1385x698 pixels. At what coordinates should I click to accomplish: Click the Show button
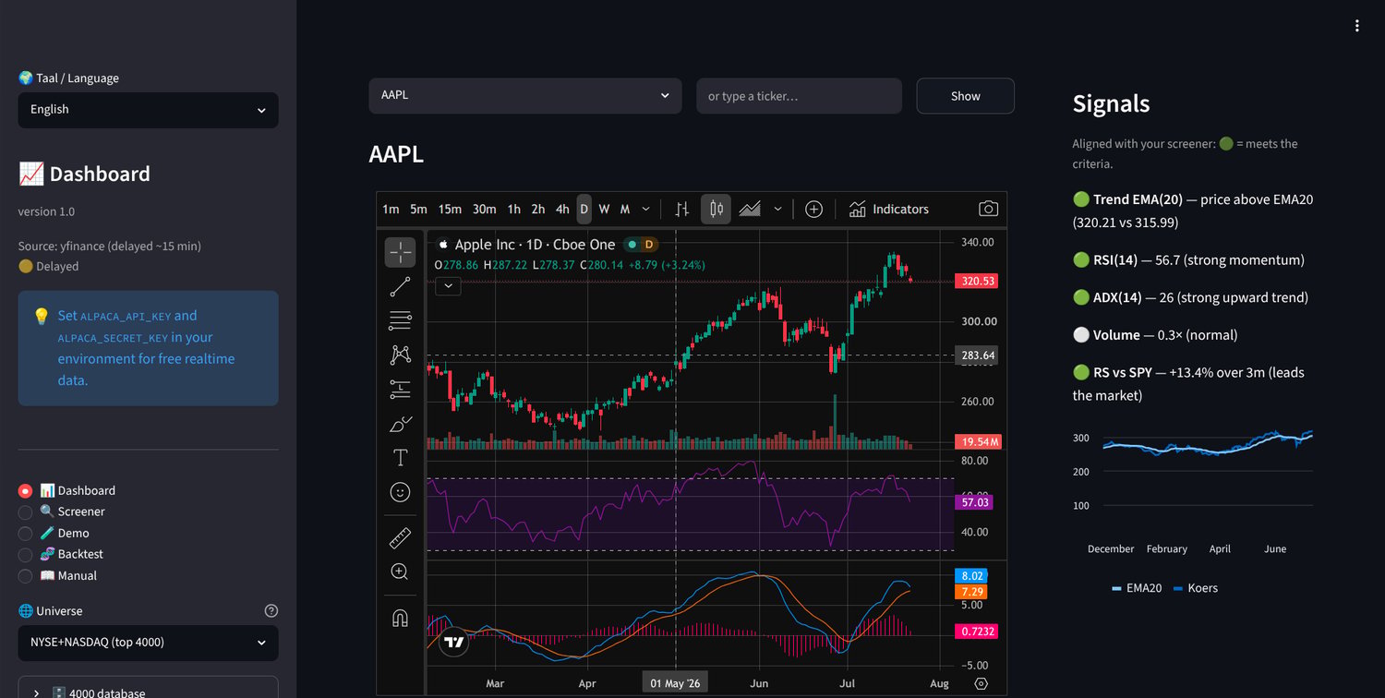(965, 96)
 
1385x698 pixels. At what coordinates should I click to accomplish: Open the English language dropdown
(148, 110)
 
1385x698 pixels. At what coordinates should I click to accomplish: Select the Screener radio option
(25, 511)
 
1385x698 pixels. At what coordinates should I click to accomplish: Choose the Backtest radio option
(25, 555)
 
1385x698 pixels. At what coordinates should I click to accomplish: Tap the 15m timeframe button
(450, 209)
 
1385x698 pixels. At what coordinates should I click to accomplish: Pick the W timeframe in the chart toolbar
(604, 209)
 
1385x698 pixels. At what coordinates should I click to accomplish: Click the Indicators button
(888, 209)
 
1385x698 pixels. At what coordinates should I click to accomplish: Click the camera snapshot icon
(988, 209)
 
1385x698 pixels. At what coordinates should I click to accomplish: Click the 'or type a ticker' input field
(799, 96)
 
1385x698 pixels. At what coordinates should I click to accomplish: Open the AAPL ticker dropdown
(525, 96)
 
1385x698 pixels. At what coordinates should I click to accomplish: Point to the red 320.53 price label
(977, 282)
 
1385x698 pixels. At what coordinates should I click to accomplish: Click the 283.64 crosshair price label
(977, 355)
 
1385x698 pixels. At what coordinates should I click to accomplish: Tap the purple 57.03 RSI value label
(974, 502)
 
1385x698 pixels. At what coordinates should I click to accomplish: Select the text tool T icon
(400, 458)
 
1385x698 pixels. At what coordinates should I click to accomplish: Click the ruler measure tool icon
(400, 538)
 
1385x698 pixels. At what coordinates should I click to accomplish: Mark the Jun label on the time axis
(759, 683)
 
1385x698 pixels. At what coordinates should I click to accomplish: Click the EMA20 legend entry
(1137, 588)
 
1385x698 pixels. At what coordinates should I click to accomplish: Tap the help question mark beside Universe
(271, 611)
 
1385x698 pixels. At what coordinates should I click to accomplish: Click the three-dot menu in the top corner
(1356, 26)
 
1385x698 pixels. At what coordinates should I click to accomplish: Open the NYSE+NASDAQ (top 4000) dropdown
(148, 643)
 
